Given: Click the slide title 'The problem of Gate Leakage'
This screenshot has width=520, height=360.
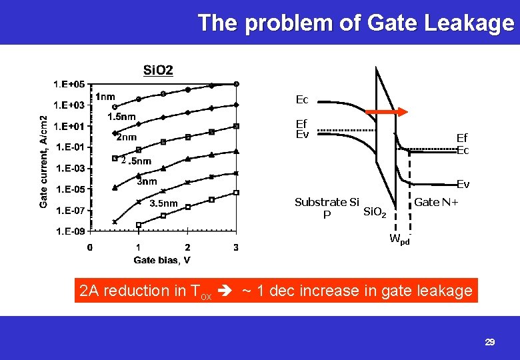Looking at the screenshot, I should click(356, 23).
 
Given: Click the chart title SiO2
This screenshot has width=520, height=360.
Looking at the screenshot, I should click(158, 70).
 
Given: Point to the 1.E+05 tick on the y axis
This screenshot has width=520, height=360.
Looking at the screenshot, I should click(69, 84).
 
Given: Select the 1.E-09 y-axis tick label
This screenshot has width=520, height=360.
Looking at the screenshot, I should click(69, 231).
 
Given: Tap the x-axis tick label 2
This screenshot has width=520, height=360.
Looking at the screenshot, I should click(187, 248).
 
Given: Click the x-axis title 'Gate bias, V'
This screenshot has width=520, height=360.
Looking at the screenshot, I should click(162, 259).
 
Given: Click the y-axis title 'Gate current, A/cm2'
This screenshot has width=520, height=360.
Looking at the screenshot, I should click(43, 160).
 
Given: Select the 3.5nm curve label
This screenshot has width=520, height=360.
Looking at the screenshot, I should click(163, 203).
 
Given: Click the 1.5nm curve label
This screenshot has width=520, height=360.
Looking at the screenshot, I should click(121, 117).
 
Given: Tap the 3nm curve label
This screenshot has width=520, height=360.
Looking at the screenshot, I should click(147, 181).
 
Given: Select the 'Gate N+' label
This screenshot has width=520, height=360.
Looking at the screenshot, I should click(436, 202).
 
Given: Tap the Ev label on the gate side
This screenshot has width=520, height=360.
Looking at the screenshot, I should click(463, 184).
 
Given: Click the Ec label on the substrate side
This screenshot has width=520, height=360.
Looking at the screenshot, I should click(302, 100).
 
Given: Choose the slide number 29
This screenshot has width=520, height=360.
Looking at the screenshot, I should click(490, 342).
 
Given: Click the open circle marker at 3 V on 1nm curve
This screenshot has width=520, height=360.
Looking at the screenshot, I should click(237, 84).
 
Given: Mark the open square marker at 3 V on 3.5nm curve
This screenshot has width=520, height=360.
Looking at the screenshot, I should click(237, 193).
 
